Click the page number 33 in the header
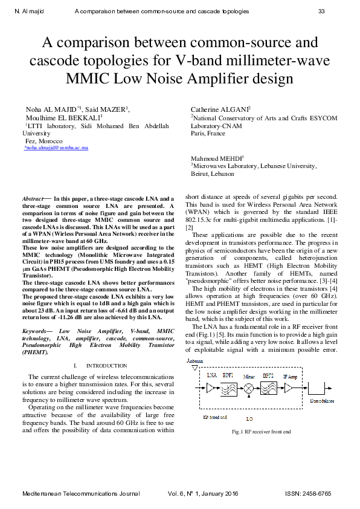321,11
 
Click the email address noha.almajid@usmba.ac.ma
56,148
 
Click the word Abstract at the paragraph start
33,198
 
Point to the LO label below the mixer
249,418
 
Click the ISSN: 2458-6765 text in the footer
308,494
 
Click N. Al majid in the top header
29,11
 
